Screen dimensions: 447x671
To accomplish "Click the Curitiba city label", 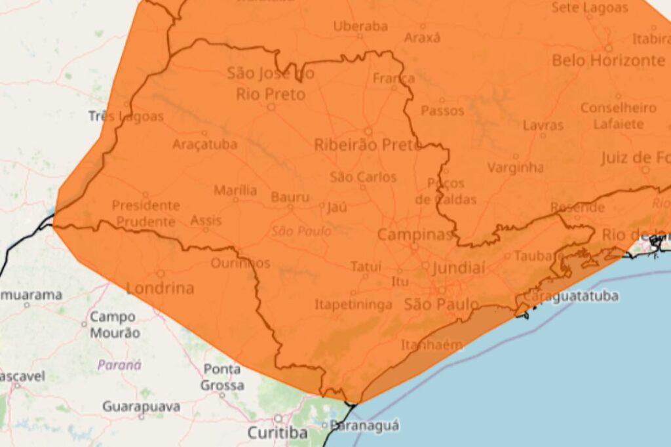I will (x=277, y=433).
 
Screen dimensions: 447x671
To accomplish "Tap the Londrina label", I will (x=161, y=288).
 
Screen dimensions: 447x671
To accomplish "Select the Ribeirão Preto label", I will (x=368, y=145).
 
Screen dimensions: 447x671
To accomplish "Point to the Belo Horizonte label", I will (x=608, y=61).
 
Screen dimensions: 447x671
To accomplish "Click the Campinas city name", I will (x=415, y=235).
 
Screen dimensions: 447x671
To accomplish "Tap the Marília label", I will (x=235, y=191).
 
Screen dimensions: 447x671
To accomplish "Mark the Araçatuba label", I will (x=204, y=145).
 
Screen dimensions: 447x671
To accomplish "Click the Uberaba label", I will (x=360, y=27).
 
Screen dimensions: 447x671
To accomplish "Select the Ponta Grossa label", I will (x=222, y=377).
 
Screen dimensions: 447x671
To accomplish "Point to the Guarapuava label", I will (x=141, y=406).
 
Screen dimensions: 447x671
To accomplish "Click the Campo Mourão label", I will (x=115, y=324).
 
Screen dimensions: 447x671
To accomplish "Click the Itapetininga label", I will (x=353, y=305).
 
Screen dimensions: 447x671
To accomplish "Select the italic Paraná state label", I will (x=119, y=365).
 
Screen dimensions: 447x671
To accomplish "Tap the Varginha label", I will (x=515, y=168).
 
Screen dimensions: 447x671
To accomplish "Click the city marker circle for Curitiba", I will (x=277, y=418).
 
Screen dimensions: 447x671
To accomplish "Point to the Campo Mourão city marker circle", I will (x=84, y=324).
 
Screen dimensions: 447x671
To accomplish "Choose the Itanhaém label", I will (x=432, y=345).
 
